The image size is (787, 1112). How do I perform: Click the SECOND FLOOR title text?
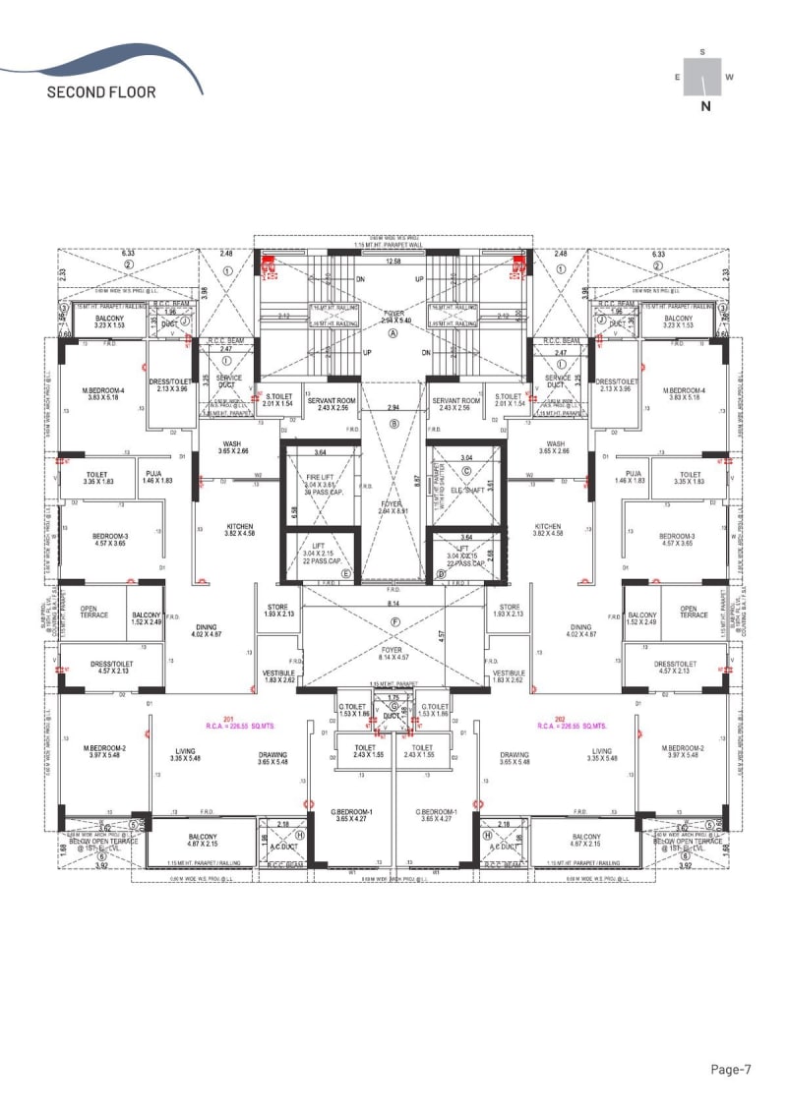coord(100,92)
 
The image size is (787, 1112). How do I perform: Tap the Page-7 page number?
coord(732,1069)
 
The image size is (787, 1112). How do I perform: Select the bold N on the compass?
coord(704,108)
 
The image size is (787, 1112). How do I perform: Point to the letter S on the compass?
coord(702,51)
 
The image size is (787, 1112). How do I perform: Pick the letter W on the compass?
coord(729,77)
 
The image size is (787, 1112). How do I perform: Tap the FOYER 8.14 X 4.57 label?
coord(393,654)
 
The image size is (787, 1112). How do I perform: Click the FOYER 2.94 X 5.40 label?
coord(393,317)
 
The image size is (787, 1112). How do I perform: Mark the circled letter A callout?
coord(393,333)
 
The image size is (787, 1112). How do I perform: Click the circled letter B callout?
coord(393,424)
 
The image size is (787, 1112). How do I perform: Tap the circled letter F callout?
coord(393,621)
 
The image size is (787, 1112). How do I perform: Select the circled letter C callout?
coord(467,471)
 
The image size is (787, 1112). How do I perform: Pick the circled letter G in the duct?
coord(393,707)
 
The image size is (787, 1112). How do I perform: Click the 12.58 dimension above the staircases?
coord(393,262)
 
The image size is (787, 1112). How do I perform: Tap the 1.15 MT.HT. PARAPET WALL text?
coord(393,246)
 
